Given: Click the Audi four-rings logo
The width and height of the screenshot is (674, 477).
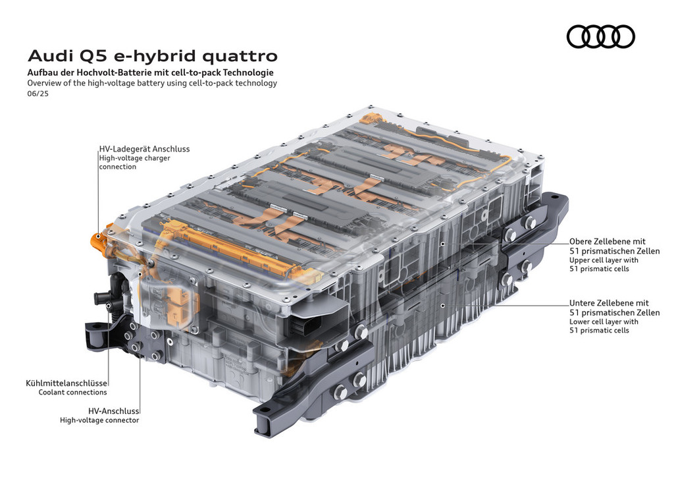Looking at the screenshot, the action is (600, 36).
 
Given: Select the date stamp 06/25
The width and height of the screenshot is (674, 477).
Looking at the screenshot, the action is (38, 94).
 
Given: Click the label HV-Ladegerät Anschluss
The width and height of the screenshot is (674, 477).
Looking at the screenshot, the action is (144, 149).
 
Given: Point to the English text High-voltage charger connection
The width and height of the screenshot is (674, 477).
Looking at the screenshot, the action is (134, 162).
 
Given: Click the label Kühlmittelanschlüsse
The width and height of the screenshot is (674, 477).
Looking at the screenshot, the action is (66, 383).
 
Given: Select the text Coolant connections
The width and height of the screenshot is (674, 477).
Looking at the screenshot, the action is (72, 392).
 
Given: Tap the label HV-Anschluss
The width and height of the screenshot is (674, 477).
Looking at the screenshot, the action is (113, 410).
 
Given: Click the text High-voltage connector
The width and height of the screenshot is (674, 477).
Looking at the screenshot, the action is (99, 420).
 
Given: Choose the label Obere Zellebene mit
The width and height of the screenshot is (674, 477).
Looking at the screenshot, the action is (608, 241).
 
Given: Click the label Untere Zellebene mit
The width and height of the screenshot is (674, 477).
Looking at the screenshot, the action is (609, 303).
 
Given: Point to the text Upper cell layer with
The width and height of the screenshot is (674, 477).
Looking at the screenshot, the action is (604, 260).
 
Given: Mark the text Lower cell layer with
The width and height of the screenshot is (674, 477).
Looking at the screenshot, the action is (604, 322).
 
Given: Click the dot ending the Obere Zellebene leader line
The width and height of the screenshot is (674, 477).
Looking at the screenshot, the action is (442, 244).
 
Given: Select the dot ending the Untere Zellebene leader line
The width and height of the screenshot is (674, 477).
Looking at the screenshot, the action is (442, 306).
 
